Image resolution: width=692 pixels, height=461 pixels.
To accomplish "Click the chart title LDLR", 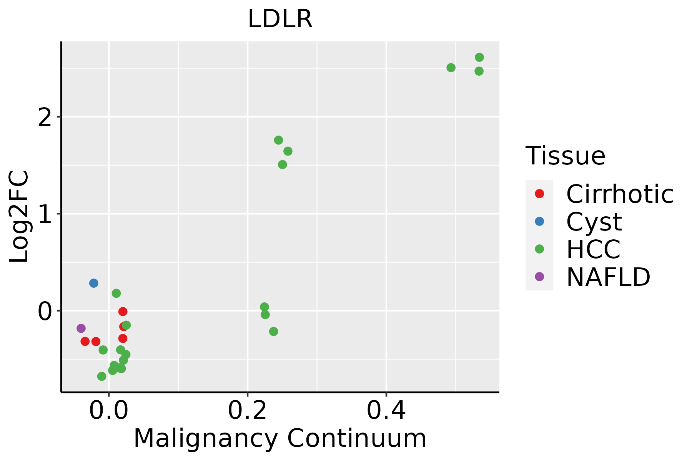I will pyautogui.click(x=280, y=19).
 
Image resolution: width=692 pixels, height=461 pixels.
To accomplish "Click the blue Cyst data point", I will pyautogui.click(x=94, y=283).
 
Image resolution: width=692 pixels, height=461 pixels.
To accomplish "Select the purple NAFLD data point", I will pyautogui.click(x=81, y=328).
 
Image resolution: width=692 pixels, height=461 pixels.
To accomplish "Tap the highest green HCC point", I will pyautogui.click(x=479, y=58).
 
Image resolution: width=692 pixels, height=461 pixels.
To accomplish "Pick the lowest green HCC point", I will pyautogui.click(x=102, y=376).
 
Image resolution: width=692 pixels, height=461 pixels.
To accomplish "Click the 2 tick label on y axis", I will pyautogui.click(x=45, y=118).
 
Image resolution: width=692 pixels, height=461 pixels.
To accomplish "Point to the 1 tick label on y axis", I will pyautogui.click(x=45, y=214).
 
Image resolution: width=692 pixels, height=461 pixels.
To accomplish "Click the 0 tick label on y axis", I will pyautogui.click(x=45, y=311).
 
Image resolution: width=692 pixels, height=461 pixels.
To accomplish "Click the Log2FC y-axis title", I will pyautogui.click(x=19, y=217).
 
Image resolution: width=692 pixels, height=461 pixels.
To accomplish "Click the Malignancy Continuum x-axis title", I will pyautogui.click(x=280, y=438).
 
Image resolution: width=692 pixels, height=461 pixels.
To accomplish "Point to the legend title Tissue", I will pyautogui.click(x=565, y=156).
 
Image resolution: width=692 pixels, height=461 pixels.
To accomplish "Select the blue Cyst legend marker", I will pyautogui.click(x=539, y=221).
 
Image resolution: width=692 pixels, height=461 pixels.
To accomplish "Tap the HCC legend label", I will pyautogui.click(x=593, y=249).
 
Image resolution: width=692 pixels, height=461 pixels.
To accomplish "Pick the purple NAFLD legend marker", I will pyautogui.click(x=539, y=277).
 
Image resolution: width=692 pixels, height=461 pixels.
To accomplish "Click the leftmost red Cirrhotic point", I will pyautogui.click(x=85, y=341).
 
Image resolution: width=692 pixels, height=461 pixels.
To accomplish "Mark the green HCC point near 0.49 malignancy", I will pyautogui.click(x=451, y=68).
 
